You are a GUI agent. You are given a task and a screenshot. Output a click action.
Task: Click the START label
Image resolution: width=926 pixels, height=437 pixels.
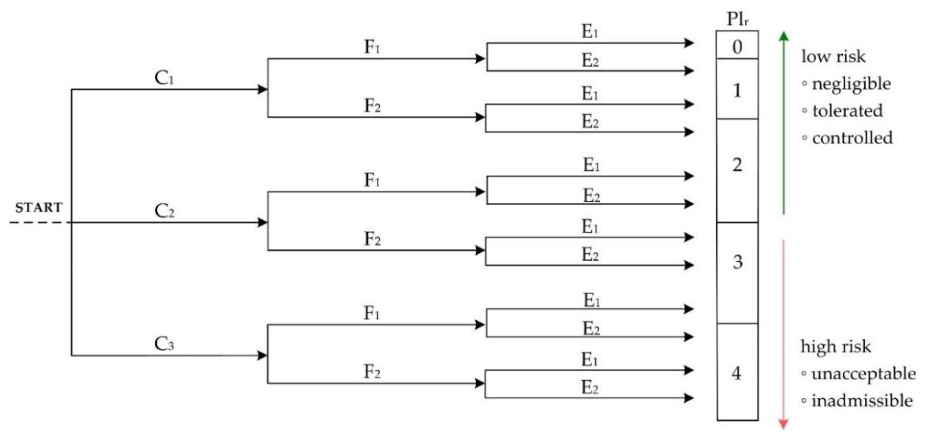(x=38, y=207)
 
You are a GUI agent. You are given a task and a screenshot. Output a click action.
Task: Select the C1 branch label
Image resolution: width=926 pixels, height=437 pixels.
(x=164, y=78)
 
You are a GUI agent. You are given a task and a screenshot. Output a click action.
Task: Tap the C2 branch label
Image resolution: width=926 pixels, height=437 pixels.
(x=164, y=211)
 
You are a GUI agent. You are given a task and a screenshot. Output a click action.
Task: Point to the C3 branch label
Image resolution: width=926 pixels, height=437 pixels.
(x=164, y=344)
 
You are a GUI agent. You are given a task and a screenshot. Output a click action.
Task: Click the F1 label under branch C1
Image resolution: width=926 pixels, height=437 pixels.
(x=372, y=47)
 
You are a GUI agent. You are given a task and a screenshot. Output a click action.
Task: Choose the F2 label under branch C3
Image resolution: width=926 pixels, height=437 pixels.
(x=372, y=372)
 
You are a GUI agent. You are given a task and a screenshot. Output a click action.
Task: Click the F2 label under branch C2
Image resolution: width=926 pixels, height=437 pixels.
(x=372, y=239)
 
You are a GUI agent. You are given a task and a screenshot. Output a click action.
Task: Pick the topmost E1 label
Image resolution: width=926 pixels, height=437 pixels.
(x=590, y=31)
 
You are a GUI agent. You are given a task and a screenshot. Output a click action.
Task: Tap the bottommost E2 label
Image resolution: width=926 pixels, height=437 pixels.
(x=590, y=387)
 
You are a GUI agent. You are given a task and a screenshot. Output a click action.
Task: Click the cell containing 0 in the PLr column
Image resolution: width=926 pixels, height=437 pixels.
(x=737, y=45)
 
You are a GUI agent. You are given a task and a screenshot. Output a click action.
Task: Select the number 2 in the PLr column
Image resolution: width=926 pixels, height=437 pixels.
(x=737, y=165)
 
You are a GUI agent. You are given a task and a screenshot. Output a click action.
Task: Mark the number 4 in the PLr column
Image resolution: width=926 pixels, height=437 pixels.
(x=736, y=373)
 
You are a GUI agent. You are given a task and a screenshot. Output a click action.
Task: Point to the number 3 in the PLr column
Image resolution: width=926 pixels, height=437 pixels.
(x=737, y=262)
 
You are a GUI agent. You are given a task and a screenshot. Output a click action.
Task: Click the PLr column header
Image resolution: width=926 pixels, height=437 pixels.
(x=737, y=19)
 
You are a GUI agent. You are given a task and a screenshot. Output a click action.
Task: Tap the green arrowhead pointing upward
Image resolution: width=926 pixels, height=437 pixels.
(x=784, y=36)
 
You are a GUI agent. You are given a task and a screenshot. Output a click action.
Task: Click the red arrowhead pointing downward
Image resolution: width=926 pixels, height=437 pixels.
(x=783, y=425)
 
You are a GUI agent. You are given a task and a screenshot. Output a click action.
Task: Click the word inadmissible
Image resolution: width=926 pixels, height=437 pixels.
(x=862, y=401)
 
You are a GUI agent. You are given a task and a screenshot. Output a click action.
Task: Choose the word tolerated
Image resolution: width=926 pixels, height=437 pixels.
(x=847, y=111)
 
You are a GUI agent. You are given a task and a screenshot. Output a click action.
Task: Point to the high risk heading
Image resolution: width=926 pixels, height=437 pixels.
(x=835, y=347)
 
